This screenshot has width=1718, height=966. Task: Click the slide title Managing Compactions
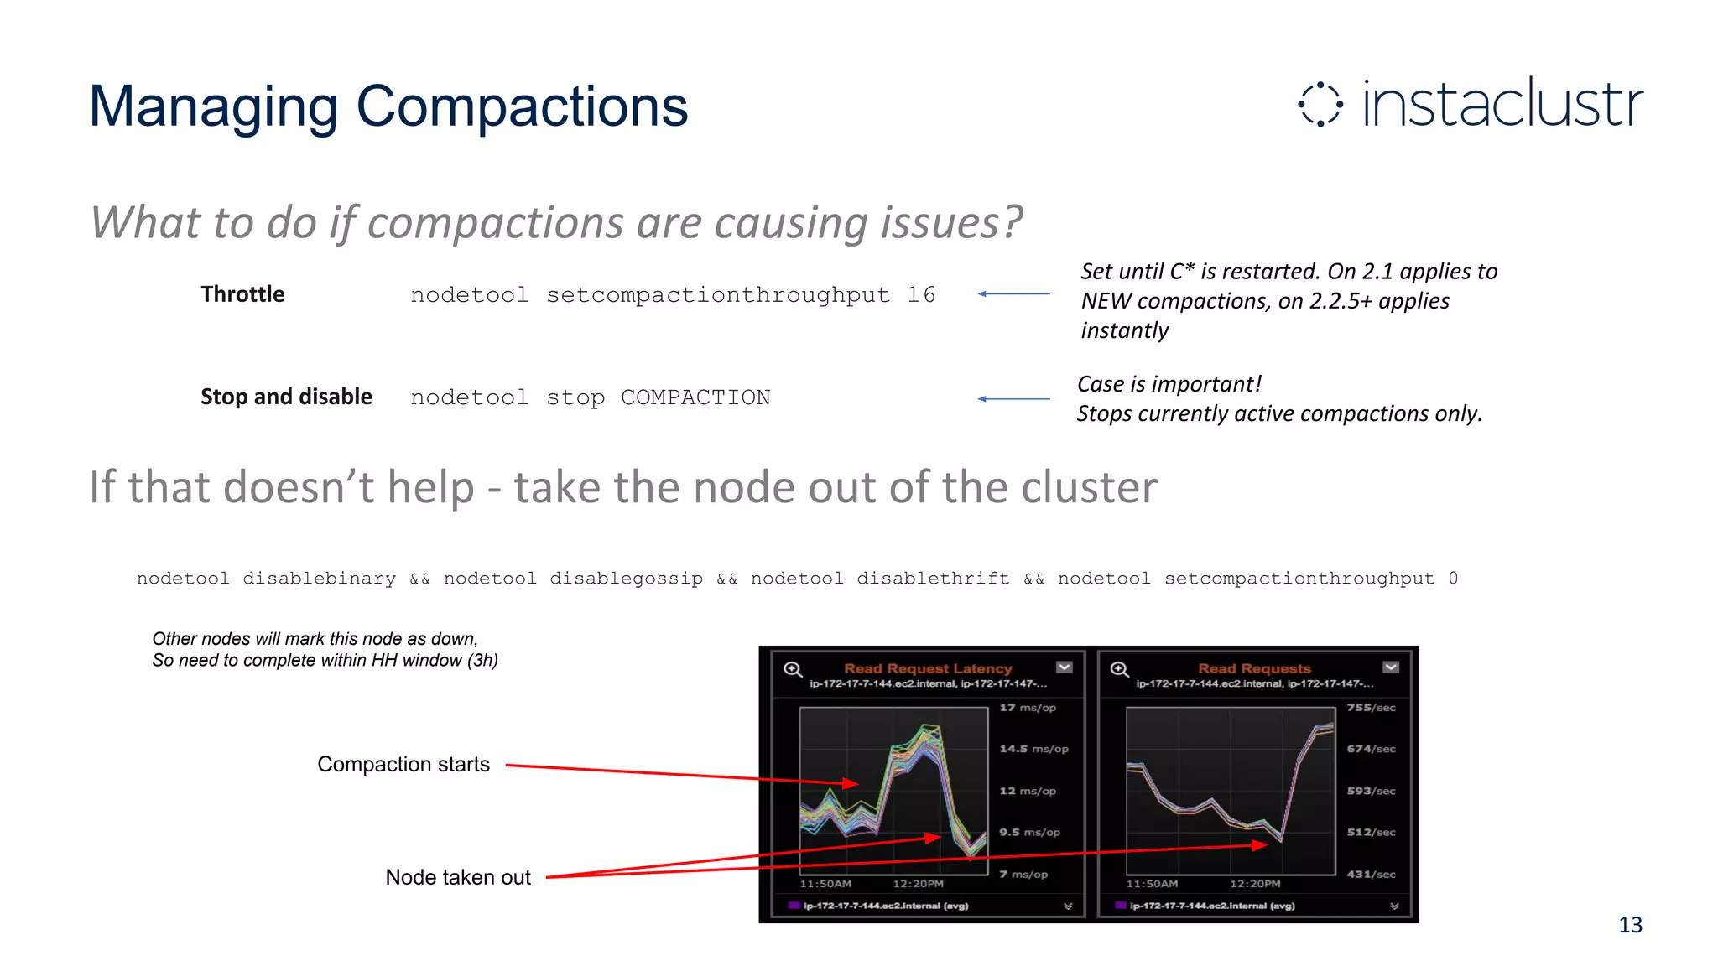(388, 107)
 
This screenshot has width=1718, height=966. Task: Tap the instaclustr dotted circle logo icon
(1320, 105)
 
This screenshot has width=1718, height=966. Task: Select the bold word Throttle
(242, 294)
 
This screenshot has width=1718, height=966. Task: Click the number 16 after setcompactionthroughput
(920, 295)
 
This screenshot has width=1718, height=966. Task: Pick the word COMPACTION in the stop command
(695, 397)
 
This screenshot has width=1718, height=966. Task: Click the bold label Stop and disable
(286, 397)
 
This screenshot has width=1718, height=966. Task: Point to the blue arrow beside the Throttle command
(1013, 294)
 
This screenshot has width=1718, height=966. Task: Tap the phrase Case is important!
(1169, 384)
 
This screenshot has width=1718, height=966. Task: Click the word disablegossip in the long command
(626, 579)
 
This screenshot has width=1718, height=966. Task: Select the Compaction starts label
(403, 764)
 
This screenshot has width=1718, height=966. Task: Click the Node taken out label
(458, 877)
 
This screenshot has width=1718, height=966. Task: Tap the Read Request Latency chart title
(928, 668)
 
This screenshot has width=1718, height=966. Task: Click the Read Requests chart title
(1254, 668)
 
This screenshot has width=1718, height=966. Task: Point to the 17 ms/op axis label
(1028, 708)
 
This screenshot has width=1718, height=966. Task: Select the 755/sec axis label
(1371, 708)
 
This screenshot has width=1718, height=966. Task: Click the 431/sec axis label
(1371, 874)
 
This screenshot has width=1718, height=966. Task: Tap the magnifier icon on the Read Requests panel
(1119, 669)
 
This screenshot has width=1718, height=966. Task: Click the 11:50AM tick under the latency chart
(825, 884)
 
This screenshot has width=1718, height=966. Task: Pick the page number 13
(1630, 925)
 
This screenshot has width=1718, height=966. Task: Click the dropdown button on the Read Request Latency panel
(1065, 667)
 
